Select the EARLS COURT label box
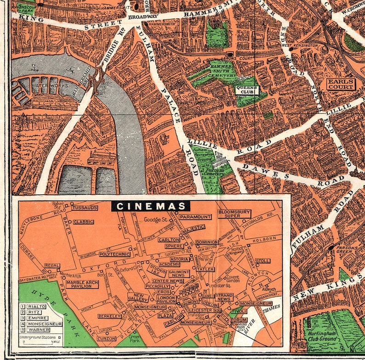point(341,84)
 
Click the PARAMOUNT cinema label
point(195,217)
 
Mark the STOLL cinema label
point(262,261)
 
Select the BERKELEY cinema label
point(109,316)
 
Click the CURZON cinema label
point(106,338)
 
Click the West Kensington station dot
point(291,49)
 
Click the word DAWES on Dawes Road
point(260,170)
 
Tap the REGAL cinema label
point(52,265)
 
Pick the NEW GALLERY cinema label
point(141,298)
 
